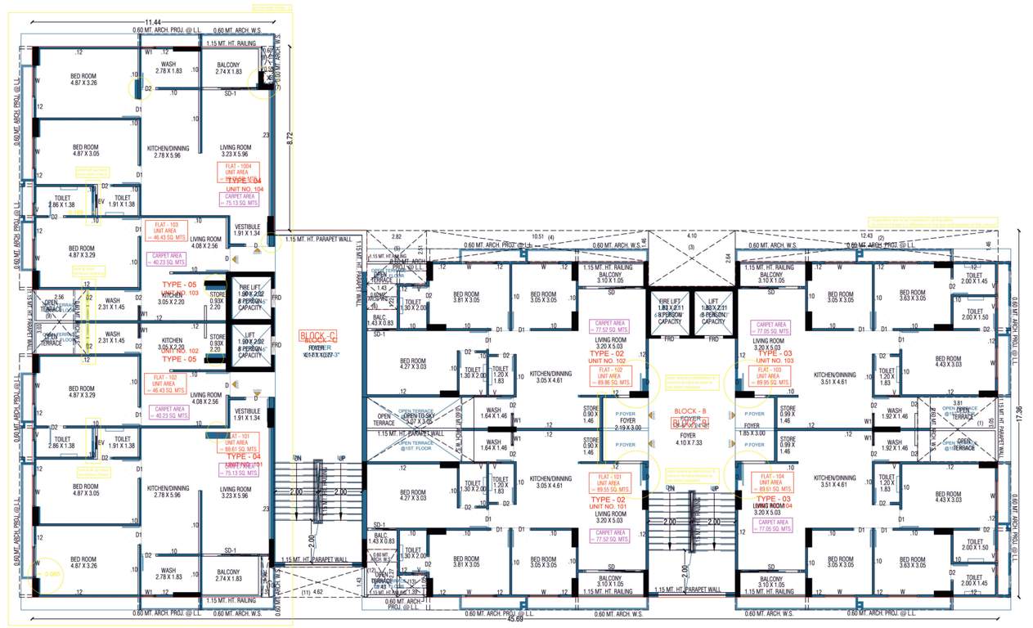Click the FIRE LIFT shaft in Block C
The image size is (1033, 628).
click(x=249, y=298)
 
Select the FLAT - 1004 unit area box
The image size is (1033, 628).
click(x=237, y=171)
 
